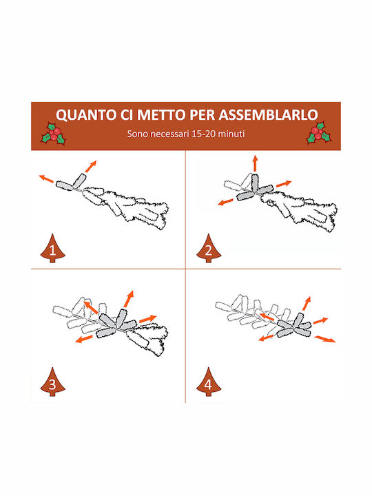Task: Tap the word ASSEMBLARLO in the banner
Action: [269, 114]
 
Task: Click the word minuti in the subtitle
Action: [231, 134]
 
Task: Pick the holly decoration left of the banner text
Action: [54, 134]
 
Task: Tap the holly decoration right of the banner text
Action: [319, 133]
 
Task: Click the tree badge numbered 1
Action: [52, 249]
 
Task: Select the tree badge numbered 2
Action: [209, 249]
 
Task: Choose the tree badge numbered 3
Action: [52, 382]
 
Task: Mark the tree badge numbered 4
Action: [209, 382]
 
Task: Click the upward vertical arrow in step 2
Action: [255, 163]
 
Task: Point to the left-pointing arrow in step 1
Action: [46, 178]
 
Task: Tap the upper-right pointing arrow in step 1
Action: [91, 167]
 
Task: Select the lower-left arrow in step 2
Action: [225, 202]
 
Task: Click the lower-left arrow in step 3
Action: [84, 340]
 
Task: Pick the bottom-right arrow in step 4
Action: [325, 339]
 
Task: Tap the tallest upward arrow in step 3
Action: [129, 298]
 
